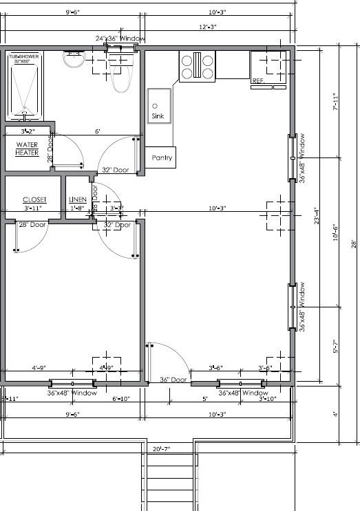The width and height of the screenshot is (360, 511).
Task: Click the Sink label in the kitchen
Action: click(x=158, y=116)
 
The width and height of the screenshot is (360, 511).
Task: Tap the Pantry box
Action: click(x=162, y=157)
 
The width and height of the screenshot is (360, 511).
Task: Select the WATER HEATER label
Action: click(x=28, y=149)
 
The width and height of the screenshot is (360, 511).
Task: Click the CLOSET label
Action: click(x=34, y=199)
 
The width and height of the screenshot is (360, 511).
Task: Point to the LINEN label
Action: click(x=77, y=199)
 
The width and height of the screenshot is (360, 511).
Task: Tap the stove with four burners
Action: click(x=197, y=67)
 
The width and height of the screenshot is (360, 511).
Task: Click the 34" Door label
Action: click(x=173, y=380)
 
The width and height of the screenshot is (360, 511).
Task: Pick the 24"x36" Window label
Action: click(x=120, y=39)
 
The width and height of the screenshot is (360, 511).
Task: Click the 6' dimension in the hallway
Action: click(x=98, y=131)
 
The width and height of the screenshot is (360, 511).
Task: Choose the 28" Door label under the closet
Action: click(x=32, y=225)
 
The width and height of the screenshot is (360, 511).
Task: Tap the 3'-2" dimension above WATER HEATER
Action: click(x=27, y=131)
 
